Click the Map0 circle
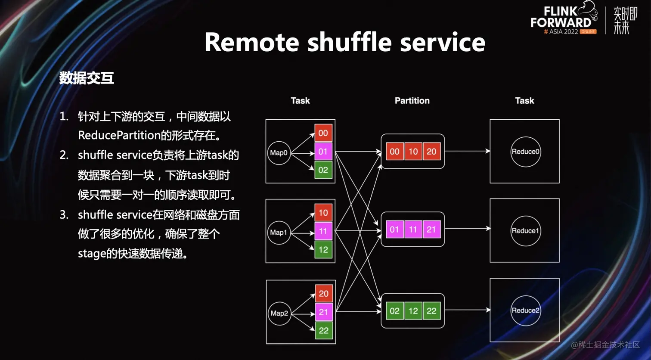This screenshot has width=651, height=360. click(279, 153)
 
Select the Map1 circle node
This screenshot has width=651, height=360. click(279, 233)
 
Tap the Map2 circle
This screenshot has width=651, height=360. click(279, 313)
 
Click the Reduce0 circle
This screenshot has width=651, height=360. click(525, 152)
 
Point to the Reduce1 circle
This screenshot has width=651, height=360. click(525, 231)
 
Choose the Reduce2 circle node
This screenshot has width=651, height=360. click(525, 310)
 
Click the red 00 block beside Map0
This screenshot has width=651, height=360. click(323, 133)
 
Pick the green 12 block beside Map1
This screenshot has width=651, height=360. click(323, 250)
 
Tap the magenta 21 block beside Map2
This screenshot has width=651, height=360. click(323, 312)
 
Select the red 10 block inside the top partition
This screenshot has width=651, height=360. click(413, 152)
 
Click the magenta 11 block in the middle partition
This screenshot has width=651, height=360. click(413, 230)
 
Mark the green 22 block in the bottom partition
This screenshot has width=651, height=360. click(431, 311)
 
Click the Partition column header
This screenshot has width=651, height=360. click(412, 101)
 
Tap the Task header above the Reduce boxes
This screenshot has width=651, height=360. click(524, 101)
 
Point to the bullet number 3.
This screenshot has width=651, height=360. click(64, 215)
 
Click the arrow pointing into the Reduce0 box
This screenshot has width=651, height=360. click(467, 151)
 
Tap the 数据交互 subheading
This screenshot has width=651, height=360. click(87, 78)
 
